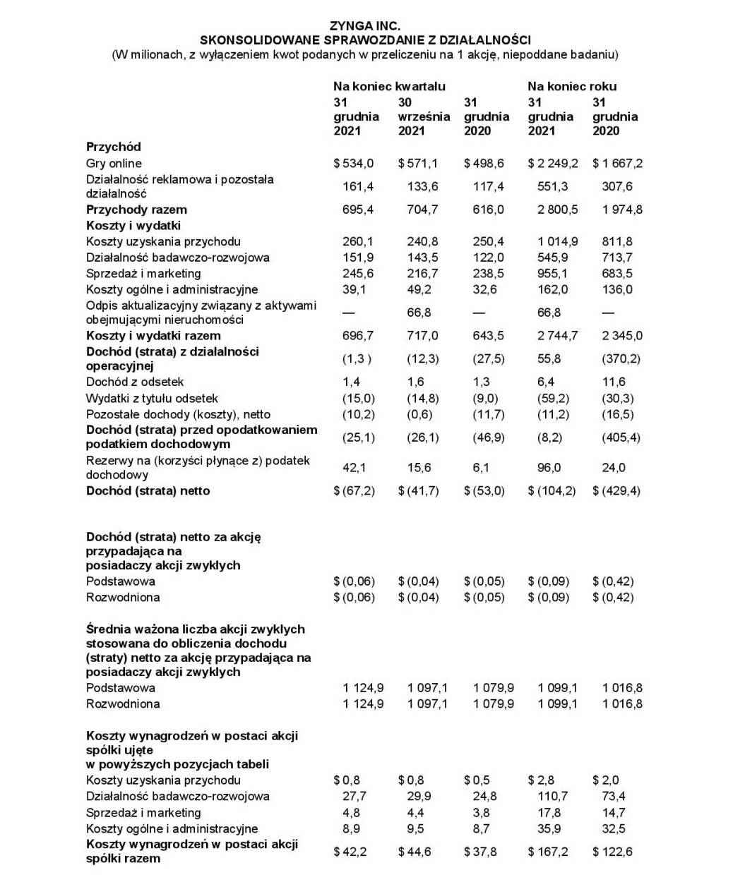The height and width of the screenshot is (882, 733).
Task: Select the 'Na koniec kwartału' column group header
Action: point(389,86)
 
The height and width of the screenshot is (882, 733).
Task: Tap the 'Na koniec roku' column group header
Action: point(571,86)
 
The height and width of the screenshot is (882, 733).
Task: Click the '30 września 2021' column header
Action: point(423,116)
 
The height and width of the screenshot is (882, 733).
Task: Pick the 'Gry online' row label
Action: point(114,163)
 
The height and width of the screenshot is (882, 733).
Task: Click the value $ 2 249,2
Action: point(553,163)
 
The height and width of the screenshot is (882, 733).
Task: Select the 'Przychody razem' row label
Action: point(136,210)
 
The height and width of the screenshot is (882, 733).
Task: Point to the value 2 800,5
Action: point(558,210)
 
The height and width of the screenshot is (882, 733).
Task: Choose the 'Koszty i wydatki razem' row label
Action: point(153,335)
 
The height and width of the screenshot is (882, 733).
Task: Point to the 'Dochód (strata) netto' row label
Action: point(148,490)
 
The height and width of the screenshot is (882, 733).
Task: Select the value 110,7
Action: point(552,796)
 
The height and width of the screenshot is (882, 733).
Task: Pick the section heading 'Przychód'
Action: point(114,147)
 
